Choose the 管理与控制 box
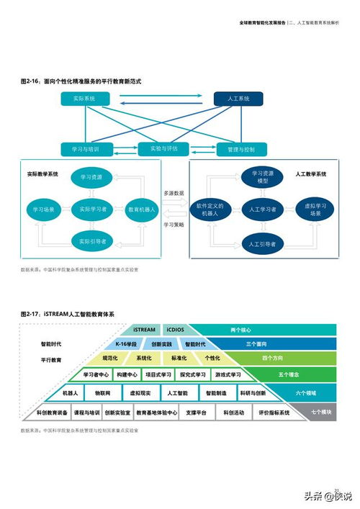pos(240,150)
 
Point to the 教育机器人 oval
pos(142,210)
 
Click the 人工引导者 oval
pos(263,244)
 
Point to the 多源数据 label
pos(174,194)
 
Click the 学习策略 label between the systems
pos(174,225)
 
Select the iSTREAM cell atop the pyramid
pos(144,330)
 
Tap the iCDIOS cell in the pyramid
pos(175,330)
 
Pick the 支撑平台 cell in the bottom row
pos(196,413)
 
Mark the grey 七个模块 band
pos(320,413)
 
